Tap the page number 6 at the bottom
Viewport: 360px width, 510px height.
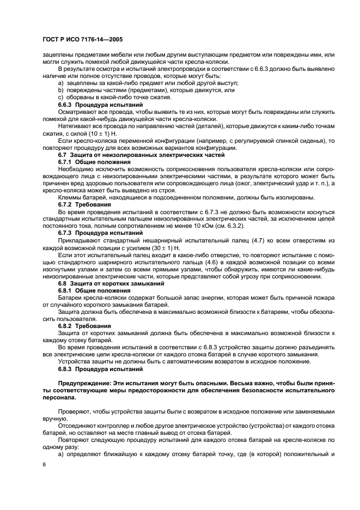pyautogui.click(x=44, y=464)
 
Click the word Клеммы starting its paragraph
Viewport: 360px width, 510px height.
pyautogui.click(x=71, y=197)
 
